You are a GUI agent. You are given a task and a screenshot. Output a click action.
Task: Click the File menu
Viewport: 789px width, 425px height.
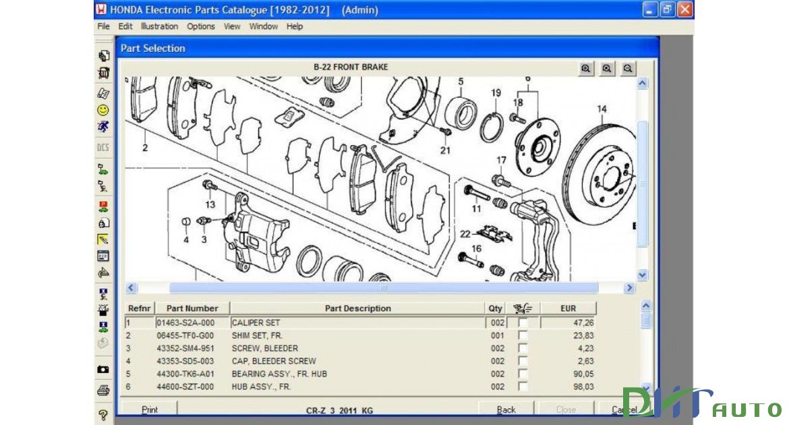pyautogui.click(x=103, y=26)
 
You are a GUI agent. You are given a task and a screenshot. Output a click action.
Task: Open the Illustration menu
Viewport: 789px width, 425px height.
pyautogui.click(x=159, y=26)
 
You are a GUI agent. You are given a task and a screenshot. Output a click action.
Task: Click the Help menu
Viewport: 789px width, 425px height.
pyautogui.click(x=295, y=26)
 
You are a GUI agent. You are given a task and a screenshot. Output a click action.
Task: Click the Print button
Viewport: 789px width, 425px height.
pyautogui.click(x=150, y=409)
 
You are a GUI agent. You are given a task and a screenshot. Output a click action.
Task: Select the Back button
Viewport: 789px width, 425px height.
pyautogui.click(x=506, y=409)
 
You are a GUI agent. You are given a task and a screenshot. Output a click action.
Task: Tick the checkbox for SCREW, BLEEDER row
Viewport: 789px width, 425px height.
pyautogui.click(x=523, y=349)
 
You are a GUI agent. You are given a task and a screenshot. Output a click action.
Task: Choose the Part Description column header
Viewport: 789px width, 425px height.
pyautogui.click(x=357, y=308)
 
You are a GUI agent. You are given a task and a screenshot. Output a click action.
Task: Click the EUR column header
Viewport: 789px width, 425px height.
pyautogui.click(x=568, y=308)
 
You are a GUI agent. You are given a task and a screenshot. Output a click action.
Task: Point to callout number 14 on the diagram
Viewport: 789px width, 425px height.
pyautogui.click(x=602, y=109)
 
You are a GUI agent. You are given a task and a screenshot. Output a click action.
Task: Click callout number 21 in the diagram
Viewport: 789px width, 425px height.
pyautogui.click(x=445, y=150)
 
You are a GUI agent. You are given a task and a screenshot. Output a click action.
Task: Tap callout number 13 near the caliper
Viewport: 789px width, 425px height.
pyautogui.click(x=210, y=204)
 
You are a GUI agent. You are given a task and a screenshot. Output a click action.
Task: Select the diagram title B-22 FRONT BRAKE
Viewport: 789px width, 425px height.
pyautogui.click(x=351, y=67)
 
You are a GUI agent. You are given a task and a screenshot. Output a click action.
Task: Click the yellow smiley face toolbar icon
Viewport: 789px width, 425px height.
pyautogui.click(x=103, y=109)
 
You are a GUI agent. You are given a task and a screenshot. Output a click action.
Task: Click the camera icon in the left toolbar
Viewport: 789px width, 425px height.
pyautogui.click(x=103, y=369)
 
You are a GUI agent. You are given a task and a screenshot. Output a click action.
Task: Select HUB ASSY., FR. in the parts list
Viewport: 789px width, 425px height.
pyautogui.click(x=261, y=387)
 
